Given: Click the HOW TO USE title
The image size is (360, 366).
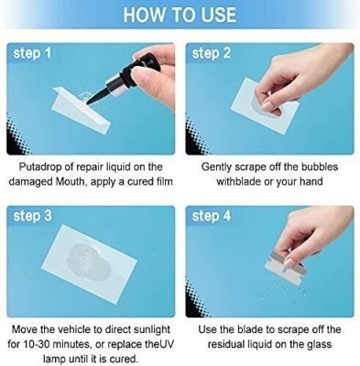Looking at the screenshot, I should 180,15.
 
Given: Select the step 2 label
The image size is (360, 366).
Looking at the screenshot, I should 212,54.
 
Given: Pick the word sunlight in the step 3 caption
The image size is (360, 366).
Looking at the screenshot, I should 141,328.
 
